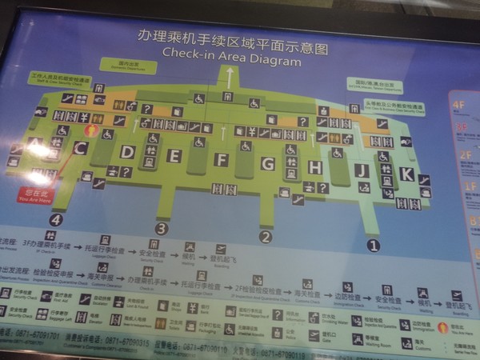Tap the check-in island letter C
79,147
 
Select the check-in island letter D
127,152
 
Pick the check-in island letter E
174,155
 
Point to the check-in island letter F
222,160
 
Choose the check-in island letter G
269,164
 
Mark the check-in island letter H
315,167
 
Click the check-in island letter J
362,170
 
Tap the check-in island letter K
407,174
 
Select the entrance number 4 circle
55,219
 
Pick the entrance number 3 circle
162,228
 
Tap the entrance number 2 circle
266,237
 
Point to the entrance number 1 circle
372,245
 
